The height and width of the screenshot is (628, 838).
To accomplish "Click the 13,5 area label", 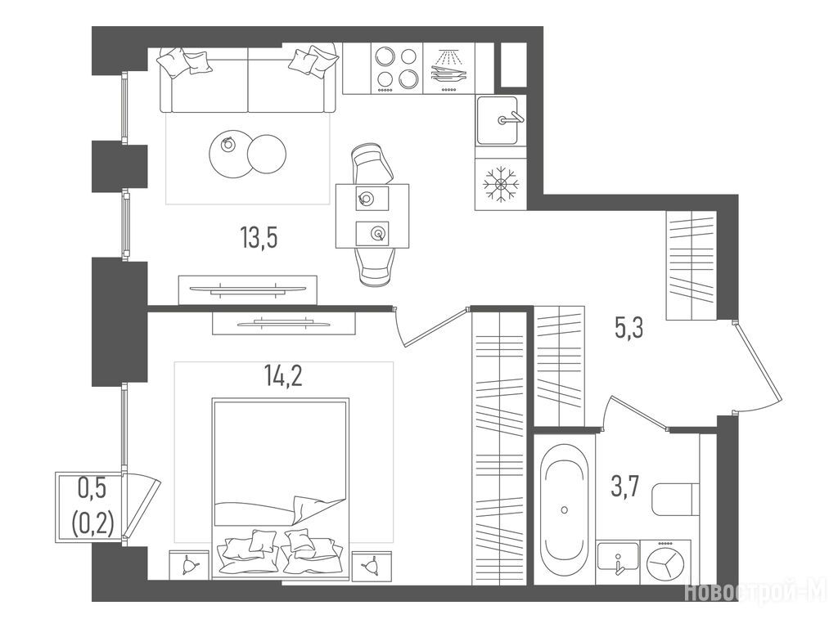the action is click(x=259, y=237).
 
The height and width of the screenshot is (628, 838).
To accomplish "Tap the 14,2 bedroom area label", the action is click(x=282, y=375).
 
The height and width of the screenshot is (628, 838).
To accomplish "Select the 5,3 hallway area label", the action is click(x=628, y=327).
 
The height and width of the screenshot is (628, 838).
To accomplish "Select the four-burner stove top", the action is click(x=396, y=69).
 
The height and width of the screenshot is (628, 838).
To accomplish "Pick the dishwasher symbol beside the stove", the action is click(x=448, y=69).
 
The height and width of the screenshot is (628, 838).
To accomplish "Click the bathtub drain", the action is click(x=565, y=510).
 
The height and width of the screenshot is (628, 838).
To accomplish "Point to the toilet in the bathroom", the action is click(x=675, y=500).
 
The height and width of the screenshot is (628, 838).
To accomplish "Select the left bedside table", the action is click(x=189, y=565).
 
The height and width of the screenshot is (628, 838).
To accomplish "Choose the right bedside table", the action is click(x=372, y=565).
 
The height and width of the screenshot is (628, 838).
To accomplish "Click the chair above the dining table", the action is click(x=372, y=164).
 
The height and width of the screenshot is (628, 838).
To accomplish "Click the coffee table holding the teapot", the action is click(x=230, y=154).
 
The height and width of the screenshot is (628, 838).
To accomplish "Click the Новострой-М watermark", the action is click(x=755, y=592).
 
